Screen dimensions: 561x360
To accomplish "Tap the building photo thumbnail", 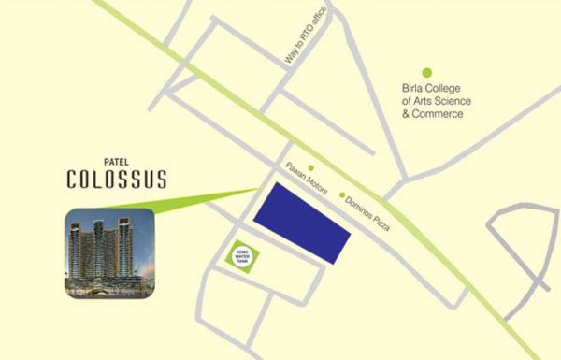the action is pyautogui.click(x=109, y=253).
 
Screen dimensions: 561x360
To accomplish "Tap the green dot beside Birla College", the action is pyautogui.click(x=426, y=72).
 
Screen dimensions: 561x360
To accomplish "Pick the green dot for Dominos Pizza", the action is pyautogui.click(x=341, y=194).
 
